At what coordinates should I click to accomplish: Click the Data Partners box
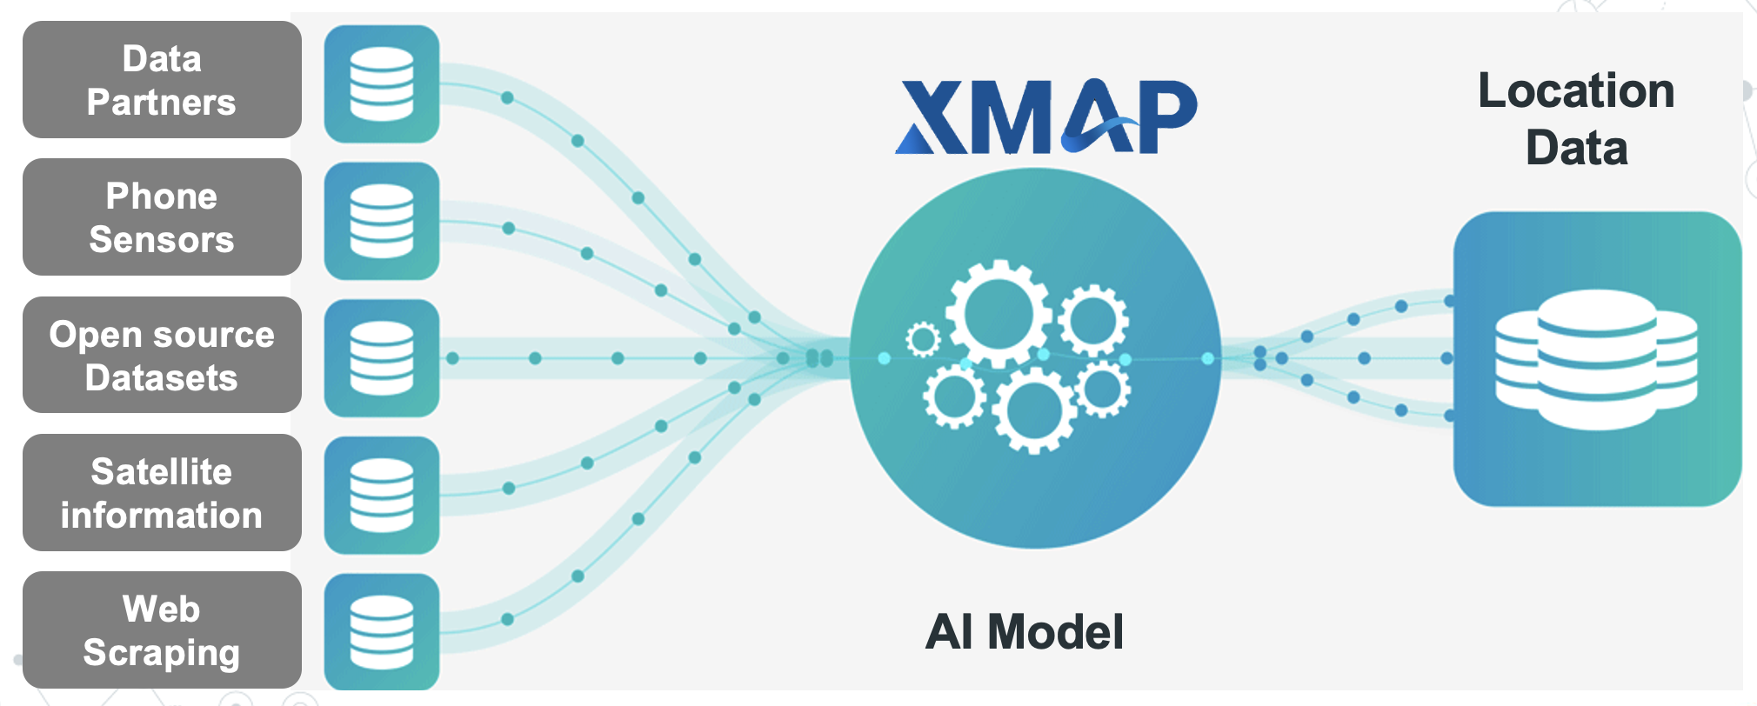162,80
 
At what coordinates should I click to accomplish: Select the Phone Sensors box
162,217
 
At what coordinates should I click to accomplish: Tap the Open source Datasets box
162,355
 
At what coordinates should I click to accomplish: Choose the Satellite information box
162,493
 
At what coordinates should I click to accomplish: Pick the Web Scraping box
162,630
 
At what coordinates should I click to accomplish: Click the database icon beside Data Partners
382,83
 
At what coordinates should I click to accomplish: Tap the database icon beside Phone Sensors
382,221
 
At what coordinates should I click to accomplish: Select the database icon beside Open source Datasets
382,358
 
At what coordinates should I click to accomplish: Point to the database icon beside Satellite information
382,496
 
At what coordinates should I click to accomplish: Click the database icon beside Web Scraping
382,632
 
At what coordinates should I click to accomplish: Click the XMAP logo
1046,117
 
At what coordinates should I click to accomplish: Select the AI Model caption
1025,631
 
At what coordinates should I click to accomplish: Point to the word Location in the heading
1576,90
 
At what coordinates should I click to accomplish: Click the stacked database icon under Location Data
1597,359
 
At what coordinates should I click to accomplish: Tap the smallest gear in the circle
923,339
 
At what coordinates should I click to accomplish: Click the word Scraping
162,654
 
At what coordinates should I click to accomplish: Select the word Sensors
162,239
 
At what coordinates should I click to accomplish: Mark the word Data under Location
1577,148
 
